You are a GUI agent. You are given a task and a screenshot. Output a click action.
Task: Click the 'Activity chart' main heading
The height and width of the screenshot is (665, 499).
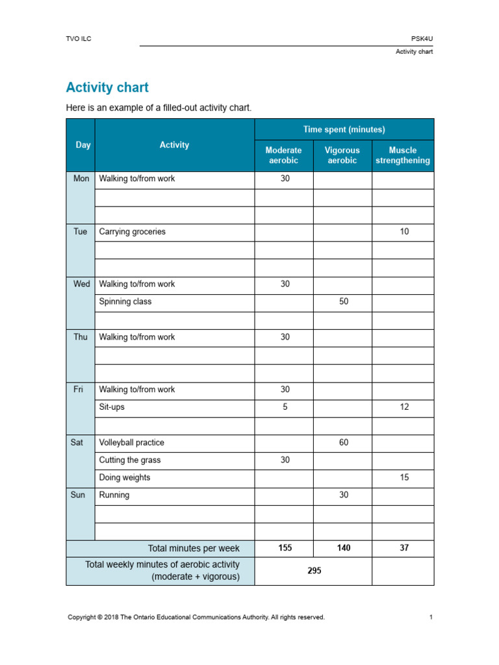[x=107, y=88]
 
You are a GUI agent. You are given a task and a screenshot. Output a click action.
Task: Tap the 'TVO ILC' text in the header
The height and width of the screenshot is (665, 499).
[x=79, y=39]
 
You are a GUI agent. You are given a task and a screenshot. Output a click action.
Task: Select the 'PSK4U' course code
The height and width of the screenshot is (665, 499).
[x=422, y=39]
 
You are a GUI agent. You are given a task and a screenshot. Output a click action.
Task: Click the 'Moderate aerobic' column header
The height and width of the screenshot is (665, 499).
[x=284, y=155]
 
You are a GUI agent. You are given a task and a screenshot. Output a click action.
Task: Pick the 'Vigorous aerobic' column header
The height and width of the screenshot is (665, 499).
[x=342, y=155]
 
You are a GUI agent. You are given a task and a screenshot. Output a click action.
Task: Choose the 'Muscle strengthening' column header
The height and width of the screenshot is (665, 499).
[x=403, y=155]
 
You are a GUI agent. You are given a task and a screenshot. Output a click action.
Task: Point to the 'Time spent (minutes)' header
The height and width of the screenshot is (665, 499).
[x=344, y=129]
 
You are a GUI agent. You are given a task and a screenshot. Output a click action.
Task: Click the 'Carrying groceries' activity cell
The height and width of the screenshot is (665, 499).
[x=132, y=232]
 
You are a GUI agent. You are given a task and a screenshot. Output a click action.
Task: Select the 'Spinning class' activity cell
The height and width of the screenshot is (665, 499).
[x=125, y=302]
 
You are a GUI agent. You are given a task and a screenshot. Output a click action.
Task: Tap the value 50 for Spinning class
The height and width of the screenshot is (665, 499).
[x=344, y=302]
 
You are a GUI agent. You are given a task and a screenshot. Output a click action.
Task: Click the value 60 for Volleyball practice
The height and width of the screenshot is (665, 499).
[x=344, y=443]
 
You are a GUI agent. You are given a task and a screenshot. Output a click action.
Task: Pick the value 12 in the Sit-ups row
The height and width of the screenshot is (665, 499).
[x=404, y=407]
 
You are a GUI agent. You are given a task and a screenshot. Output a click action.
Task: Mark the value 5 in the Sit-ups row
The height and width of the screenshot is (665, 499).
[x=285, y=407]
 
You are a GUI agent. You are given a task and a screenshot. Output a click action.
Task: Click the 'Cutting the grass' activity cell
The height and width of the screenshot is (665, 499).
[x=129, y=460]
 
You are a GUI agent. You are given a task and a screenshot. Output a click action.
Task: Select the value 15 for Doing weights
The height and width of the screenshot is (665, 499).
[x=404, y=478]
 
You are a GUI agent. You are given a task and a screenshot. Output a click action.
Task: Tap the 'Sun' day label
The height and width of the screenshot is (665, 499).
[x=77, y=495]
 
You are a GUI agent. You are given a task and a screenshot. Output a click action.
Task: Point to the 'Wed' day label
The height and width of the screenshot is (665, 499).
[x=81, y=284]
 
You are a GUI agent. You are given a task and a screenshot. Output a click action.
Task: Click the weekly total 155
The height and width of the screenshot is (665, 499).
[x=285, y=548]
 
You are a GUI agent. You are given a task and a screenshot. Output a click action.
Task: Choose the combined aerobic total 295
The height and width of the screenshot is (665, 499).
[x=314, y=571]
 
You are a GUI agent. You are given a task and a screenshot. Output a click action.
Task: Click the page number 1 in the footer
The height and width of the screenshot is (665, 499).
[x=430, y=618]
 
